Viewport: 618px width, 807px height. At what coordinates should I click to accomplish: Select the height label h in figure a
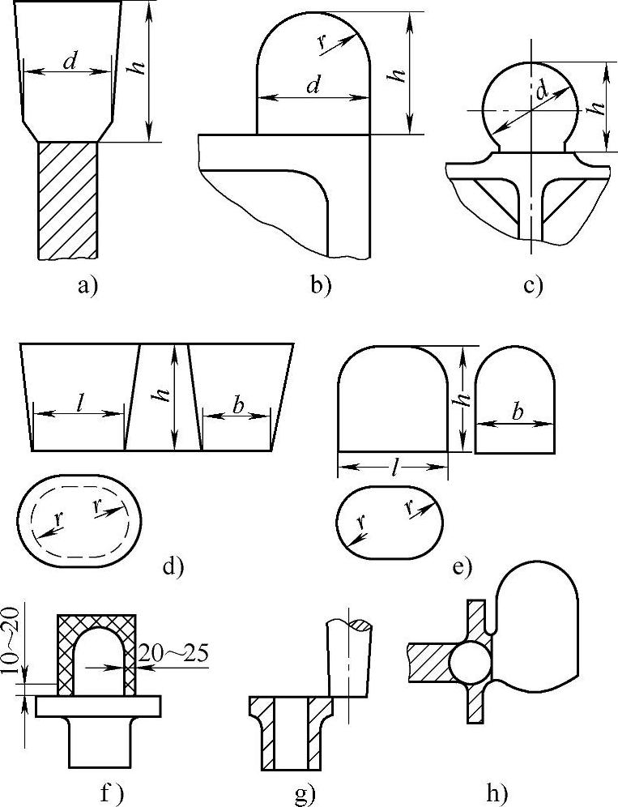141,70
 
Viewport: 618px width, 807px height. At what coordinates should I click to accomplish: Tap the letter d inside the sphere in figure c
540,93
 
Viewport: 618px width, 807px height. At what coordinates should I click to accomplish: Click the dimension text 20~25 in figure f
174,653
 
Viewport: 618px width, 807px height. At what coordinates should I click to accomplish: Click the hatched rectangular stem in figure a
68,200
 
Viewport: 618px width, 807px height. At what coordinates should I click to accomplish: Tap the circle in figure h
471,662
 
